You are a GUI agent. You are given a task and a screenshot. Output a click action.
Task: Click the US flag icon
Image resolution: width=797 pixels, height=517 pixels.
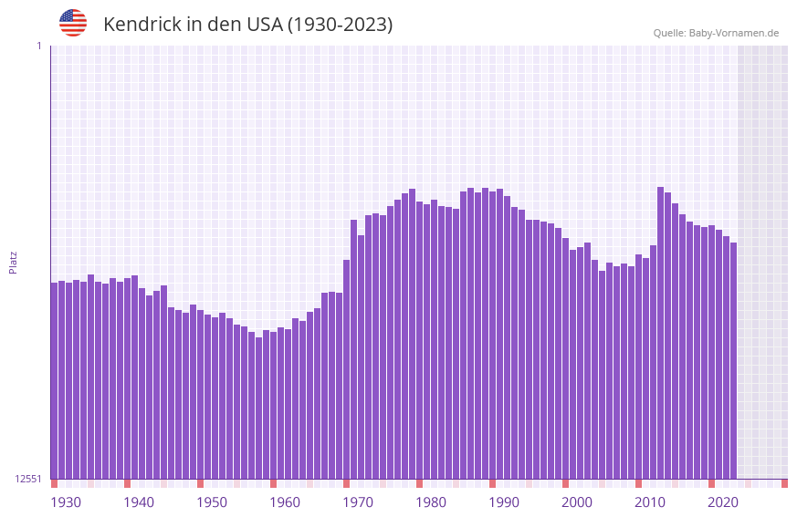pos(73,23)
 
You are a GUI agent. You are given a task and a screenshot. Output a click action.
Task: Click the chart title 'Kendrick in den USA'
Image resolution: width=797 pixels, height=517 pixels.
pos(247,25)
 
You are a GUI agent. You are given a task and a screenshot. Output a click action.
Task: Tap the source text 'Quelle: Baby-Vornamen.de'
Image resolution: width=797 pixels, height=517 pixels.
pos(716,33)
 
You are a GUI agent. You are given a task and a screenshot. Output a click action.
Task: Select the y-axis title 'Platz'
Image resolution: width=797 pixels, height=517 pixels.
pos(13,262)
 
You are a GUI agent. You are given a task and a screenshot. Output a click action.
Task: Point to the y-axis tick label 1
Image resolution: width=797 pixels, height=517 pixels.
pos(38,46)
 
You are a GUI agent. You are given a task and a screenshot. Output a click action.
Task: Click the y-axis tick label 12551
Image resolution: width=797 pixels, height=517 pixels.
pos(27,479)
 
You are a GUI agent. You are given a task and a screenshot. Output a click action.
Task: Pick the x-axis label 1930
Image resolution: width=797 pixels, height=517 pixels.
pos(66,502)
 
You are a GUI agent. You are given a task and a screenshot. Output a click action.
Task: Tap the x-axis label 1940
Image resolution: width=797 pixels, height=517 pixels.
pos(139,502)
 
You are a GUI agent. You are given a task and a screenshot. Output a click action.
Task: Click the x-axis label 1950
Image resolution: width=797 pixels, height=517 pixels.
pos(212,502)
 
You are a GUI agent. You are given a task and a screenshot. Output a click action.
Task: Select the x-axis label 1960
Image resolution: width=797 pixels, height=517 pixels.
pos(285,502)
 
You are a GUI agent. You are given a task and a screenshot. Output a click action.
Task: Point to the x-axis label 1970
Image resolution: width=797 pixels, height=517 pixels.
pos(358,502)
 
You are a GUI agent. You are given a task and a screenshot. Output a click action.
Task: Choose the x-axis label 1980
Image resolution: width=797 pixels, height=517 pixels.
pos(431,502)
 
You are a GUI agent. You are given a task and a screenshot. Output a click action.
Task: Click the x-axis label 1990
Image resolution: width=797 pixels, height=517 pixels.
pos(504,502)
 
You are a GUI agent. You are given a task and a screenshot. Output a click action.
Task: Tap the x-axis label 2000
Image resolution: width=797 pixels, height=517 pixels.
pos(577,502)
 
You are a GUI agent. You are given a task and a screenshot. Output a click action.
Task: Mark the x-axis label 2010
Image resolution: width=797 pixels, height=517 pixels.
pos(650,502)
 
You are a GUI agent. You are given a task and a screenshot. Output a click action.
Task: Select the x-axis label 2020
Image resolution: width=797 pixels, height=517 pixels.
pos(723,502)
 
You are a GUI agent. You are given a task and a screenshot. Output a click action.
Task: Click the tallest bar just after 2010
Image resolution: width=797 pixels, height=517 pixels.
pos(660,333)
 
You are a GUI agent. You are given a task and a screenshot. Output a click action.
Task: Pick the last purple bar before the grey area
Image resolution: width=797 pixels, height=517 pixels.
pos(733,360)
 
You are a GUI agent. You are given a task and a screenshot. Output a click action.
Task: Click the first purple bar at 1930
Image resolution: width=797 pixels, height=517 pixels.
pos(54,380)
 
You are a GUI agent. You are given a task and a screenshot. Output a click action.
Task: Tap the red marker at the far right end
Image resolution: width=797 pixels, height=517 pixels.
pos(784,483)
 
